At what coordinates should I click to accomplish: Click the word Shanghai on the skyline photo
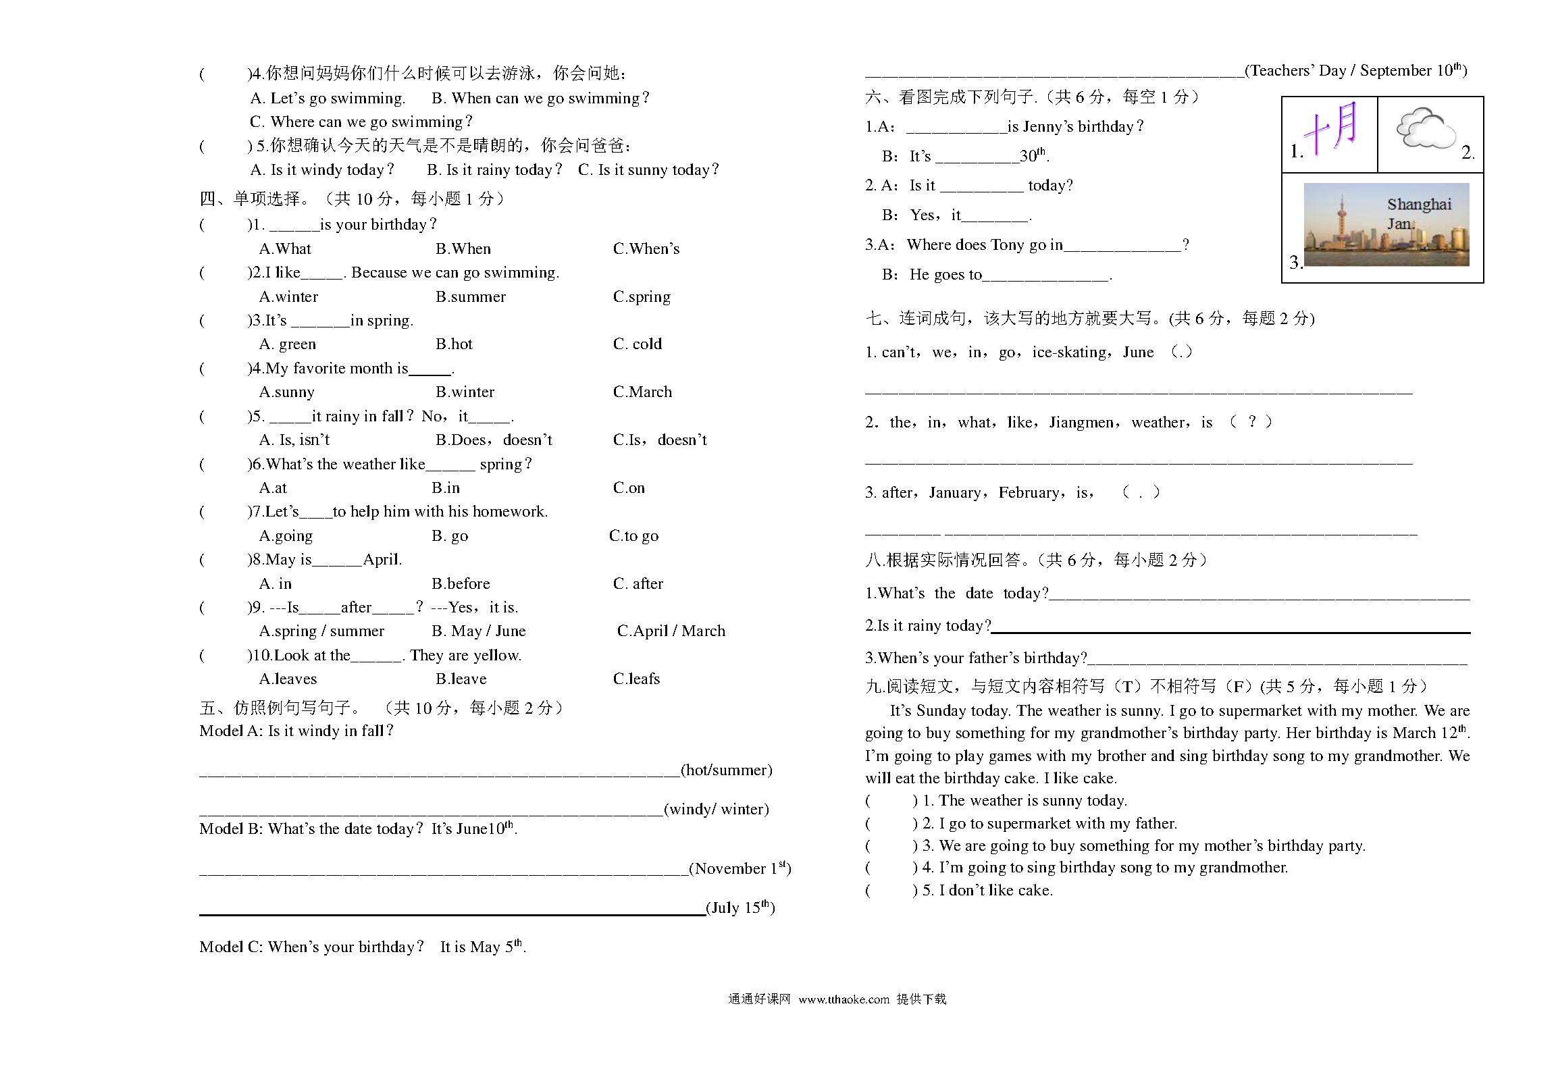[1419, 204]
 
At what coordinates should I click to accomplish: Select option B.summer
[470, 296]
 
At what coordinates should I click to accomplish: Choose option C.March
[642, 392]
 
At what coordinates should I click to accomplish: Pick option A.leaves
[288, 679]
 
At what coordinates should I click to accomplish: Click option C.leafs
[636, 679]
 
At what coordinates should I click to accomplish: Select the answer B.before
[461, 583]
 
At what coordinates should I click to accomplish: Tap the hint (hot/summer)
[726, 770]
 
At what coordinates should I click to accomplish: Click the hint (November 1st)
[740, 868]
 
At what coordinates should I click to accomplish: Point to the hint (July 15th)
[740, 908]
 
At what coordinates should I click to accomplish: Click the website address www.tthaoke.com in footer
[844, 999]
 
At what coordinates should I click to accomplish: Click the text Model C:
[230, 947]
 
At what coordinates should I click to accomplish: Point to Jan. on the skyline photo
[1401, 224]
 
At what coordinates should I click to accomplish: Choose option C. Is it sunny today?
[648, 169]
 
